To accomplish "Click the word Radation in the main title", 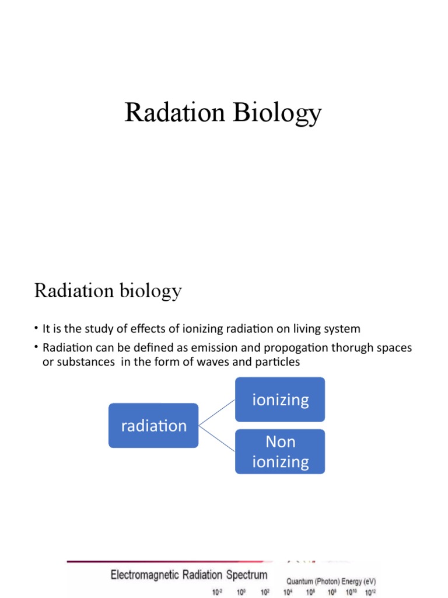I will pyautogui.click(x=176, y=113).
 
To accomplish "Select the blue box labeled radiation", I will pyautogui.click(x=153, y=426).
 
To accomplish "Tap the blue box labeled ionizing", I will pyautogui.click(x=280, y=399).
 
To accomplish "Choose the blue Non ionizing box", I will pyautogui.click(x=280, y=451).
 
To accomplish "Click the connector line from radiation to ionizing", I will pyautogui.click(x=217, y=413).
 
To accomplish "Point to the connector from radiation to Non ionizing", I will pyautogui.click(x=217, y=438).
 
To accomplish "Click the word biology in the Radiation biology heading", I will pyautogui.click(x=152, y=291).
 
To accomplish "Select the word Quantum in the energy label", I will pyautogui.click(x=300, y=582).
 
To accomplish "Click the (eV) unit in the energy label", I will pyautogui.click(x=369, y=582).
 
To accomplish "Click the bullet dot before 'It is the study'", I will pyautogui.click(x=36, y=329).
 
